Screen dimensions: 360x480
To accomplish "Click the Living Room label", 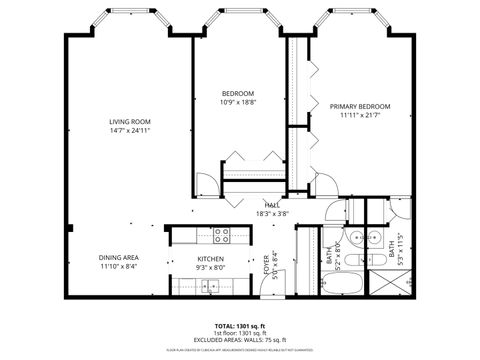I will click(130, 122).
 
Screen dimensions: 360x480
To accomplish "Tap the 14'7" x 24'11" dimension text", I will click(130, 131).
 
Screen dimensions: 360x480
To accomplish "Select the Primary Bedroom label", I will click(360, 106).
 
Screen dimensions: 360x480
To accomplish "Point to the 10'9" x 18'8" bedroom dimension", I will click(238, 102).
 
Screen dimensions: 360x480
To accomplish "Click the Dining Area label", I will click(119, 258).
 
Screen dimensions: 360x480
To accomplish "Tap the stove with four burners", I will click(222, 236).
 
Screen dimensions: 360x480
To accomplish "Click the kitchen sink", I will click(209, 288).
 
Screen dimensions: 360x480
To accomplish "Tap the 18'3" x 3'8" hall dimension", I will click(272, 214).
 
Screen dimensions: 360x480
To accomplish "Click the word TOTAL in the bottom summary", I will click(225, 326).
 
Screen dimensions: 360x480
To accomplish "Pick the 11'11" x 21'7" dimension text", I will click(360, 115).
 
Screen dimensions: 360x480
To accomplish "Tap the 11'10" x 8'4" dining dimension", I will click(119, 267).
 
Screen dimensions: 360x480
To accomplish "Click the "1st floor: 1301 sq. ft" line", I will click(240, 333).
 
